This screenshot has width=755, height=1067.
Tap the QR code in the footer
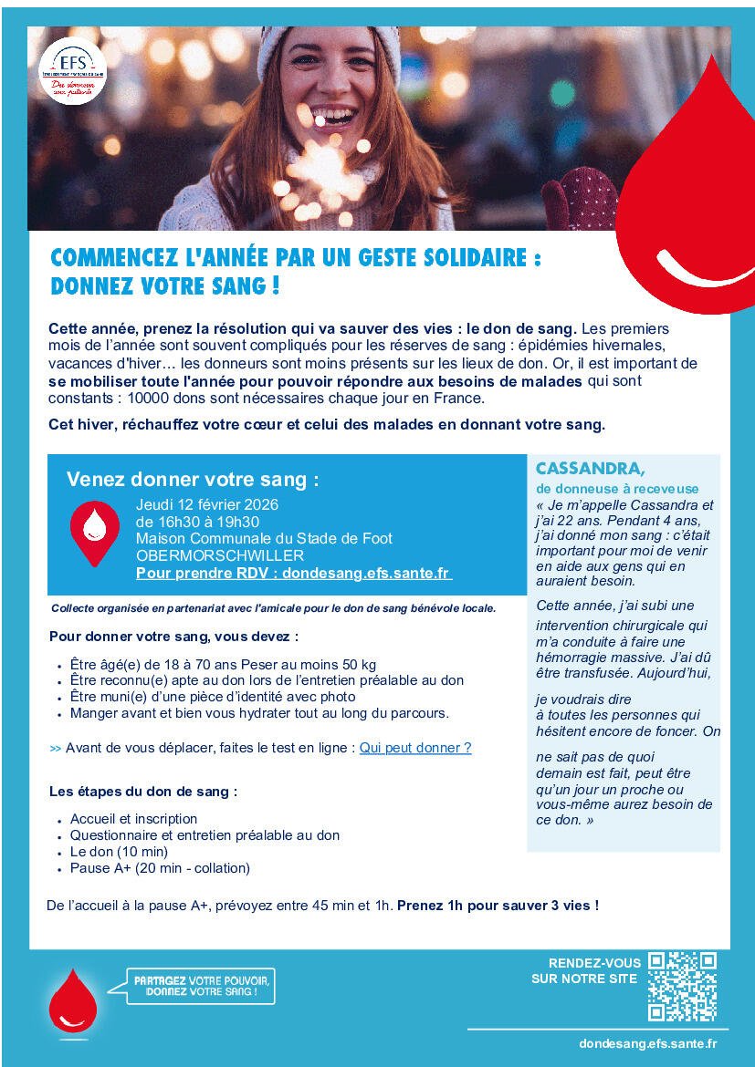coord(682,986)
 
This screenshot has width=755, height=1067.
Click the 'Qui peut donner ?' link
coord(415,748)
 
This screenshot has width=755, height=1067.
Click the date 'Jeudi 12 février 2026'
coord(207,504)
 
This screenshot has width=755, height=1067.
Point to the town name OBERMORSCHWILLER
coord(220,555)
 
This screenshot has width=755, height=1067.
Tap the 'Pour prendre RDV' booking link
coord(293,573)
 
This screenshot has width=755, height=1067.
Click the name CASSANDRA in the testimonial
coord(590,469)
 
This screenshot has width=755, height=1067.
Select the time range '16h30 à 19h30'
coord(197,522)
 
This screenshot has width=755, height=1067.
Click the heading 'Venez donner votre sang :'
coord(194,480)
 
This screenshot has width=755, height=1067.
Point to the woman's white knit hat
coord(329,41)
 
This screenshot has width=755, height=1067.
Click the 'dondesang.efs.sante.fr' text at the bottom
coord(647,1043)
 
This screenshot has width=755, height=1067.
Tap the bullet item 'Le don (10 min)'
coord(119,852)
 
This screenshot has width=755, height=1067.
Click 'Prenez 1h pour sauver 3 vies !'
coord(498,906)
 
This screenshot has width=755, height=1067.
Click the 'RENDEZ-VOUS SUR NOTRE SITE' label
coord(585,971)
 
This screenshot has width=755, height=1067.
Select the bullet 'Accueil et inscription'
coord(133,819)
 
